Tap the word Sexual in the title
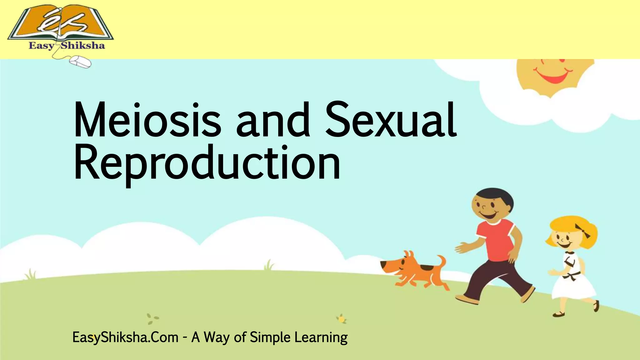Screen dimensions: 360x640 coord(391,120)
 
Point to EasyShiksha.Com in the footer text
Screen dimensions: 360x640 coord(125,337)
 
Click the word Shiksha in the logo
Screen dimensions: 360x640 coord(83,46)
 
